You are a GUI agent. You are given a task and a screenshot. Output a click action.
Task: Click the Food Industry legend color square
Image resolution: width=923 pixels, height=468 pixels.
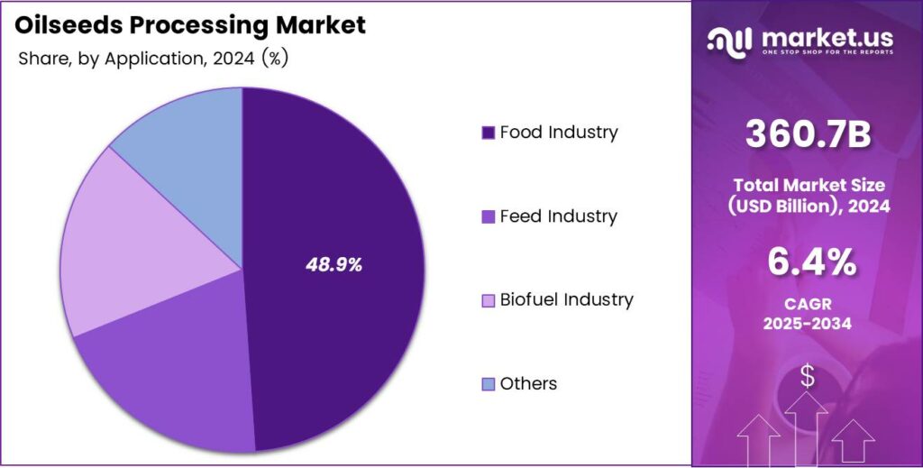pos(488,133)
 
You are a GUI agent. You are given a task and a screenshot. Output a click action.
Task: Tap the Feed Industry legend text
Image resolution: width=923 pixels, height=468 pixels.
pos(558,216)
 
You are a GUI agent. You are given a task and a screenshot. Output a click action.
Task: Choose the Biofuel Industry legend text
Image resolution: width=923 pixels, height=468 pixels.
pos(566,299)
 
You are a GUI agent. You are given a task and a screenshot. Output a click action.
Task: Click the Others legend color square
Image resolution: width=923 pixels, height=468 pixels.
pos(488,384)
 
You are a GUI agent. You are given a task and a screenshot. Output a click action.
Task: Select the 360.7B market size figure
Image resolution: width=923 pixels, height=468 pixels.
pos(808,135)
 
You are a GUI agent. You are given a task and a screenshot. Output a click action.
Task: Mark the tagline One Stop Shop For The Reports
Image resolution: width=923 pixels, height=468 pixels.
pos(827,53)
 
